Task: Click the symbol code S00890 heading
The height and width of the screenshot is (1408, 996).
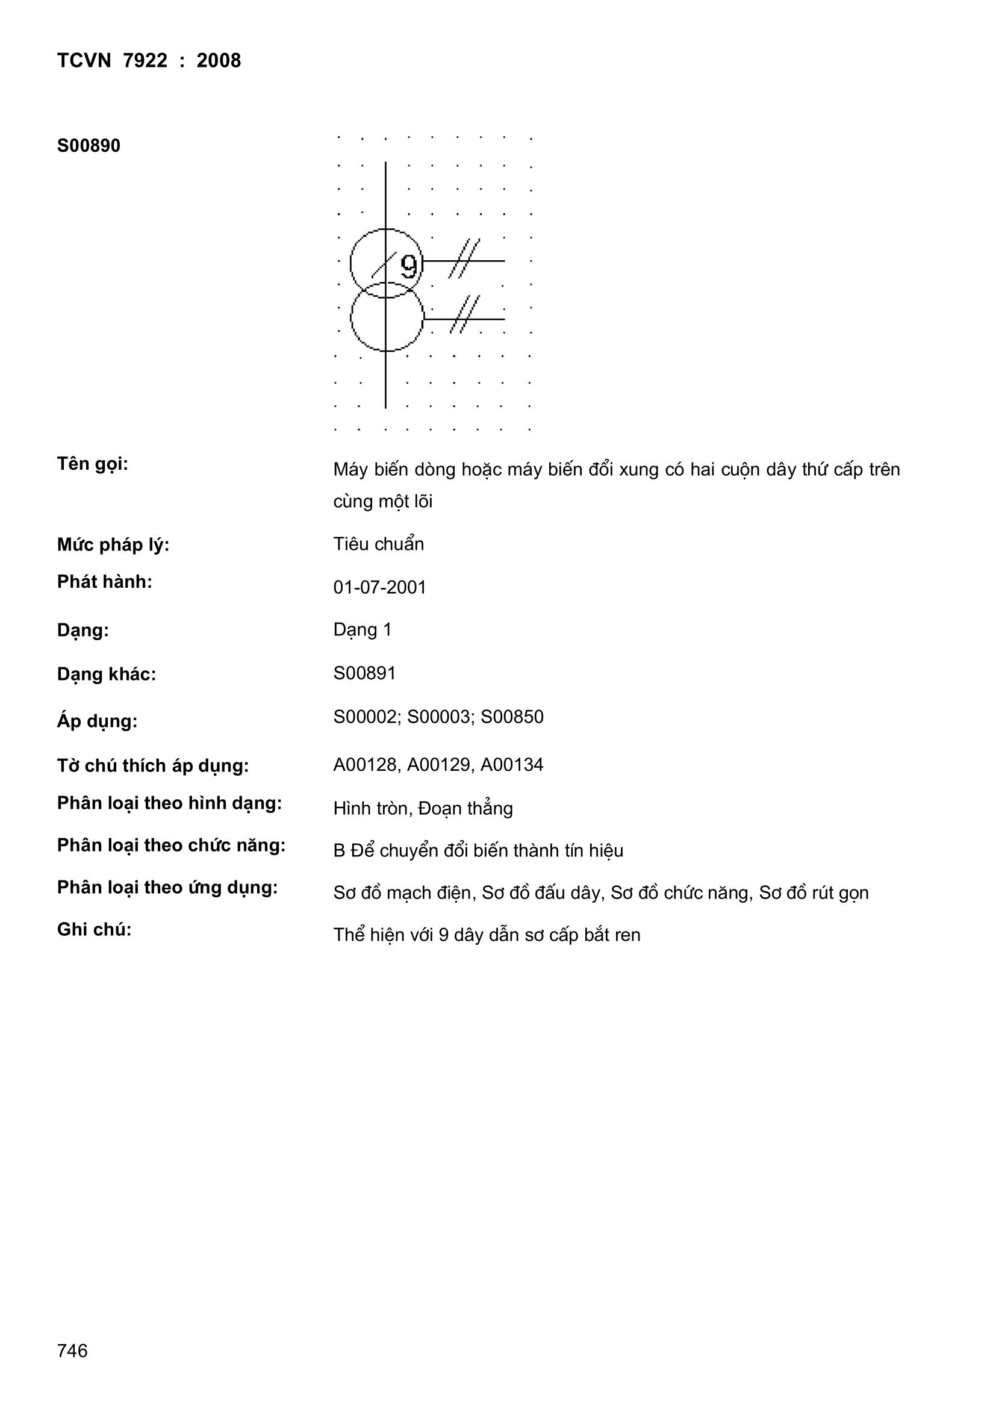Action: coord(89,146)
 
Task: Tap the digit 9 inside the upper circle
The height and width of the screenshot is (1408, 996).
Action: coord(409,266)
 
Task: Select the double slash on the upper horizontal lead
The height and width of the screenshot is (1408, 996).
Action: coord(464,258)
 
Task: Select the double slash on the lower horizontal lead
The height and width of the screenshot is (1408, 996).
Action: coord(464,314)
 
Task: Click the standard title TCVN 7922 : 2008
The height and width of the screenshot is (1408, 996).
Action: coord(149,61)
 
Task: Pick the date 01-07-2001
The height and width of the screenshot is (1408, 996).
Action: coord(379,588)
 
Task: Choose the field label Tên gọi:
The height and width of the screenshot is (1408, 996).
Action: coord(93,464)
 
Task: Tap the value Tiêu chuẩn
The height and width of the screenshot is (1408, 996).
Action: coord(378,544)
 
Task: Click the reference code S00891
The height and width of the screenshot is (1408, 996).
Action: coord(364,673)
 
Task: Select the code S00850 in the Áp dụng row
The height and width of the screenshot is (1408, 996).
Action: coord(511,717)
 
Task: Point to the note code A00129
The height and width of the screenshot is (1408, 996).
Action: coord(438,765)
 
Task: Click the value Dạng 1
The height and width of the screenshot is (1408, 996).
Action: coord(362,630)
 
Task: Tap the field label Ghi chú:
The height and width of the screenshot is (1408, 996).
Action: coord(94,930)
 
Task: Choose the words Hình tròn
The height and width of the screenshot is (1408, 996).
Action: coord(370,809)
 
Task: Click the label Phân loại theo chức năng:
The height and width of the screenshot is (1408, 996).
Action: coord(171,846)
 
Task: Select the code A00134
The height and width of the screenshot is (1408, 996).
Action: coord(511,765)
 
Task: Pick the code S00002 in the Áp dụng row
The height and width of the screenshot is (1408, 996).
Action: coord(365,717)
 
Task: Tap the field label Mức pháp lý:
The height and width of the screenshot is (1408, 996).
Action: coord(113,544)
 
